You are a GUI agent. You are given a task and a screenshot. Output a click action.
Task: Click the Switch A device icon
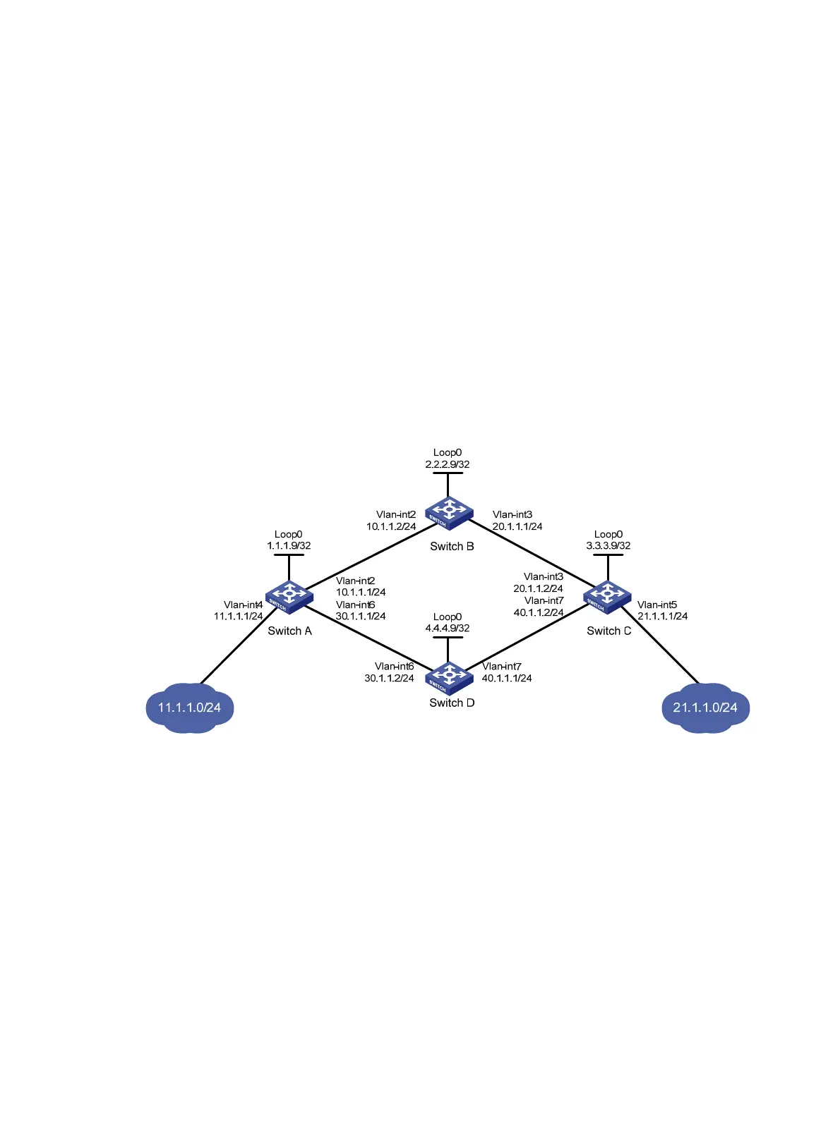289,597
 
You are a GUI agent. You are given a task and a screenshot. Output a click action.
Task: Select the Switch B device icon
448,512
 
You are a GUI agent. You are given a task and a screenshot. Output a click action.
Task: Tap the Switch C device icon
608,597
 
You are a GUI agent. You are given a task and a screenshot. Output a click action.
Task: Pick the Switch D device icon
448,678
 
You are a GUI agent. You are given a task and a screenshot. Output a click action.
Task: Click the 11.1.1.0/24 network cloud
189,708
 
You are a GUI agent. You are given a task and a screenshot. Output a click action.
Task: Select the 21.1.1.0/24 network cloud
705,708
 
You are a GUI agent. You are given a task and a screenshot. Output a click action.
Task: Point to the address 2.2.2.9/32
448,464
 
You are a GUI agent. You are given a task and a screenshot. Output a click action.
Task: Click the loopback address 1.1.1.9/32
289,545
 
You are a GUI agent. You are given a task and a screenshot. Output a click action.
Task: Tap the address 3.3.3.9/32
608,545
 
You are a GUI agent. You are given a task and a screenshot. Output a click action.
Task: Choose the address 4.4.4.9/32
448,628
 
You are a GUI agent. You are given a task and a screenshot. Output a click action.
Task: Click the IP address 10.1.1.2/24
391,526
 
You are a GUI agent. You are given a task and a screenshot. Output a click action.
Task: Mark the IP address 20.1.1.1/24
517,526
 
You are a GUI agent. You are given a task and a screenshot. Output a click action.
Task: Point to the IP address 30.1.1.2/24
389,678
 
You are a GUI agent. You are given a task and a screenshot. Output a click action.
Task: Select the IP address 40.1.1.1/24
507,678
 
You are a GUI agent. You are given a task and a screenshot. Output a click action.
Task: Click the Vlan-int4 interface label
244,605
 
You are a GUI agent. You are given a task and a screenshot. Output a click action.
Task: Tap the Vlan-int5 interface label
657,605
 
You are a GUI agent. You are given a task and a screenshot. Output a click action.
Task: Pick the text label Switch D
452,703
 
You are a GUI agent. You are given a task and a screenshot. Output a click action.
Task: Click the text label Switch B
452,546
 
